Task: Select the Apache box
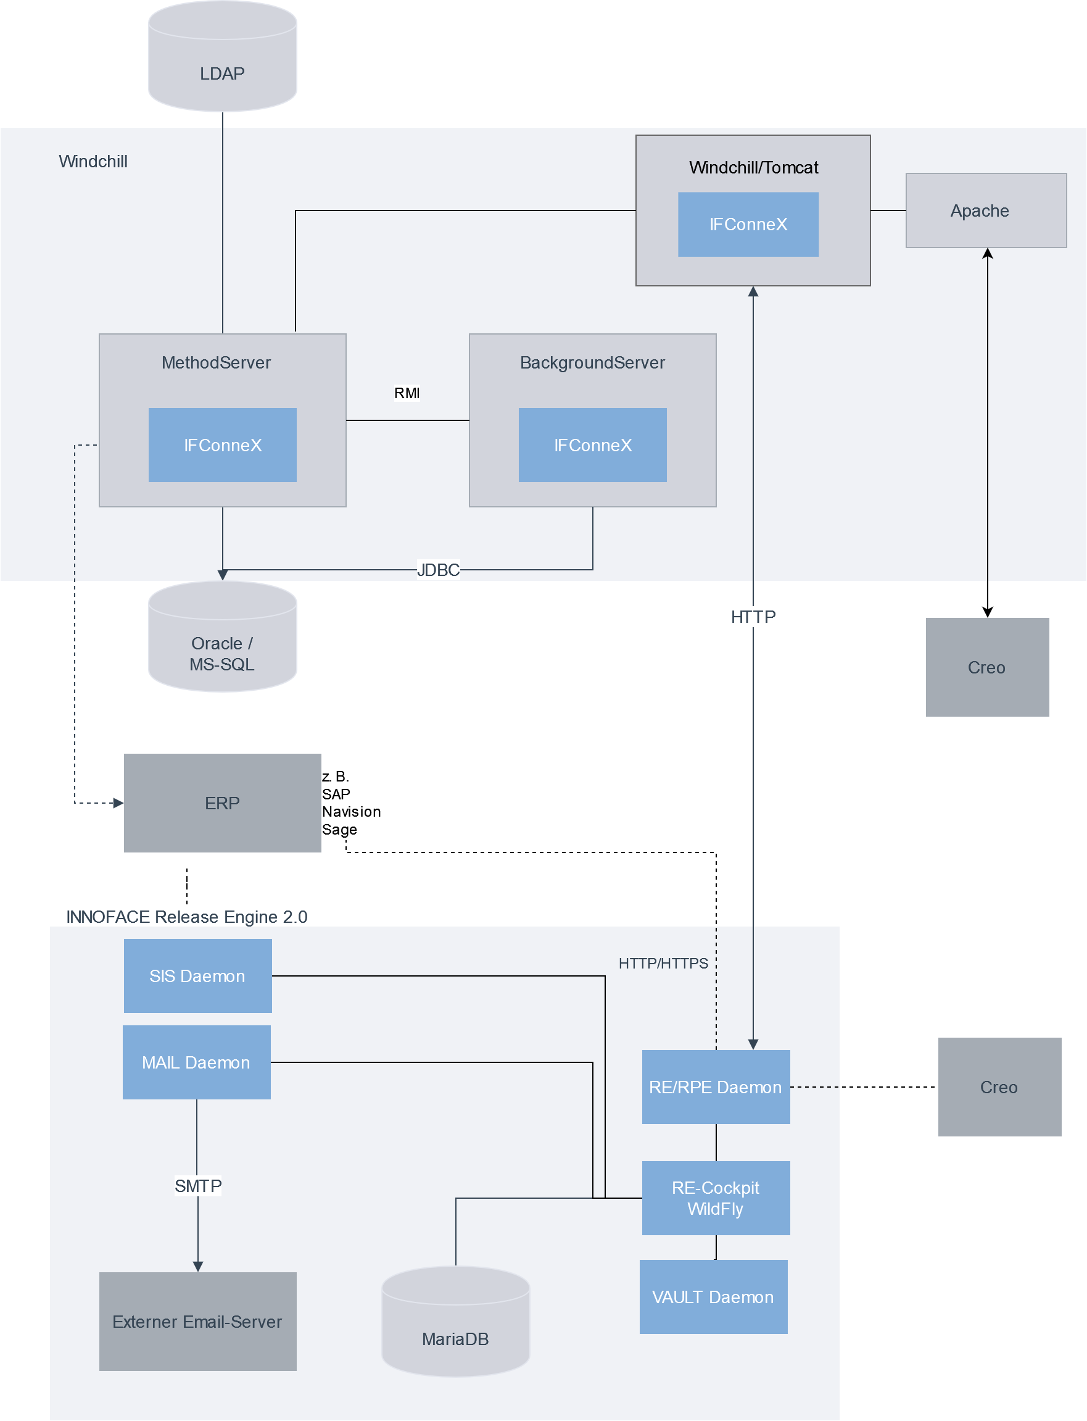click(x=985, y=210)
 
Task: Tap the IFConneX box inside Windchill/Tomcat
click(x=748, y=225)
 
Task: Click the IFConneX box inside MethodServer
click(x=223, y=444)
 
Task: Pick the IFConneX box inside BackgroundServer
click(x=592, y=444)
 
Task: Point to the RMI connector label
click(x=407, y=393)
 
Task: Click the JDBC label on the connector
click(x=438, y=570)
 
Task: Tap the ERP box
click(x=222, y=802)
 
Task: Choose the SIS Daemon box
click(x=197, y=975)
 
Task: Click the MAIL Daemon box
click(x=196, y=1062)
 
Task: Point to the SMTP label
click(x=198, y=1186)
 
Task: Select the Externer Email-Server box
click(x=197, y=1321)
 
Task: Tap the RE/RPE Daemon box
click(x=716, y=1087)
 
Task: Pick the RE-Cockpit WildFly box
click(x=716, y=1198)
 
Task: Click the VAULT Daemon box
click(x=713, y=1297)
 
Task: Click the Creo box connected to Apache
click(x=986, y=667)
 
